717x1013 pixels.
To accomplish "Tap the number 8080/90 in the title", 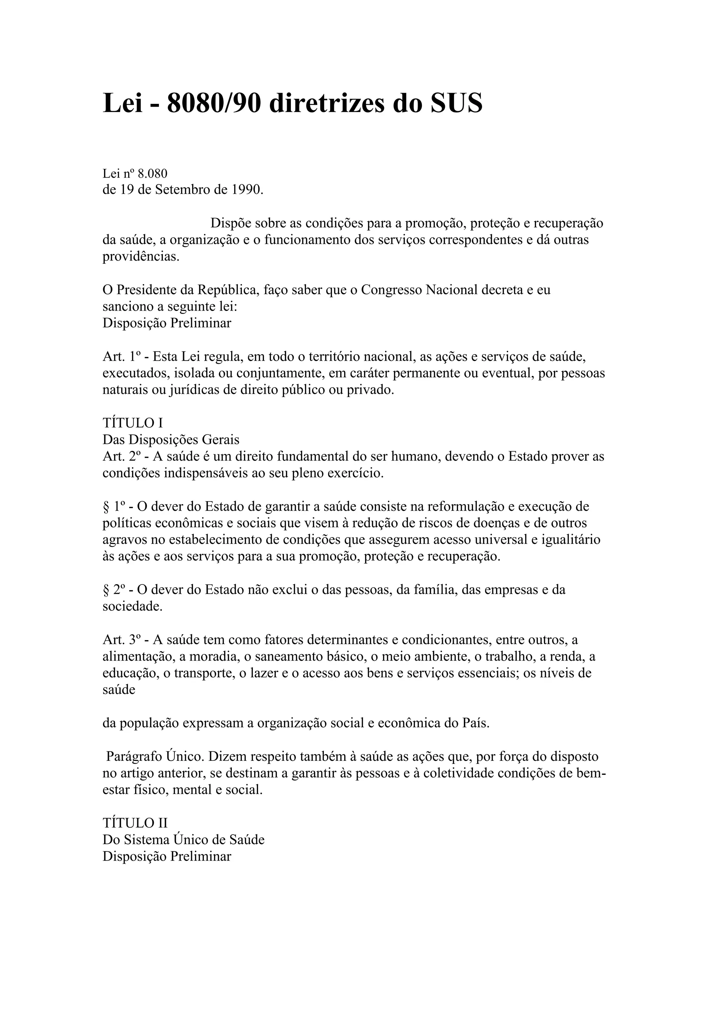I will tap(214, 103).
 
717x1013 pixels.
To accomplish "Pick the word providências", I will tap(141, 257).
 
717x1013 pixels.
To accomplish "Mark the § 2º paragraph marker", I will tap(113, 590).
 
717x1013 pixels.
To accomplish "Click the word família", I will tap(432, 590).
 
